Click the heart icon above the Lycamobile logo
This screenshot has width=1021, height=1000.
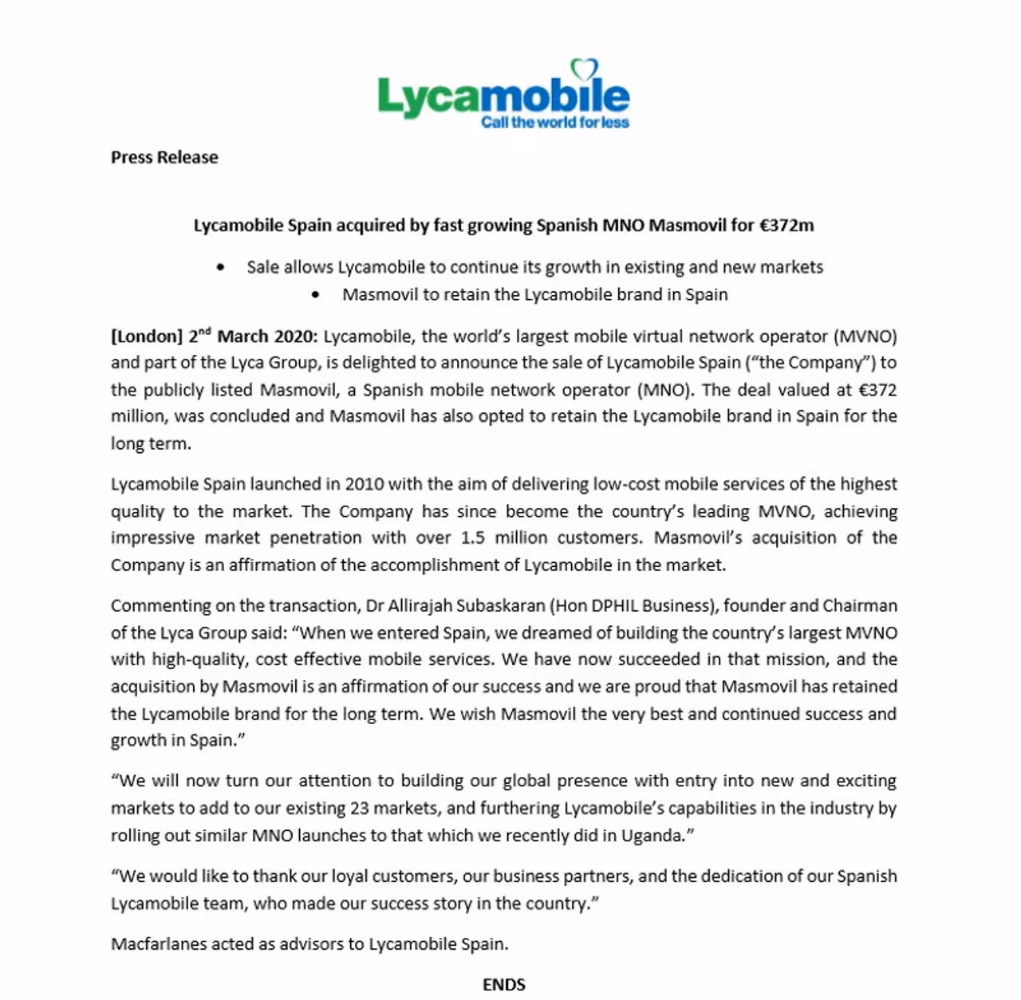(x=584, y=69)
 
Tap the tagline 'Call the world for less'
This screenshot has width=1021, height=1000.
(x=555, y=122)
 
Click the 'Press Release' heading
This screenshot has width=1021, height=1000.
(x=164, y=157)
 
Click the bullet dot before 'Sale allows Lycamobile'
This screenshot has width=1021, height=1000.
(x=220, y=268)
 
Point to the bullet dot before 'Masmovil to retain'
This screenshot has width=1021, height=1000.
(x=316, y=295)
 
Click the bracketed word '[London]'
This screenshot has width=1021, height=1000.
(x=147, y=337)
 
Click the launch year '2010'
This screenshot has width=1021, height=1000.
(x=365, y=484)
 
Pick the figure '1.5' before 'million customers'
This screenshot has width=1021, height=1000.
(x=473, y=537)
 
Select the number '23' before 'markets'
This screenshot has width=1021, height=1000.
(x=359, y=808)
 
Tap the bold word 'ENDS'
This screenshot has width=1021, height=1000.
(x=504, y=985)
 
